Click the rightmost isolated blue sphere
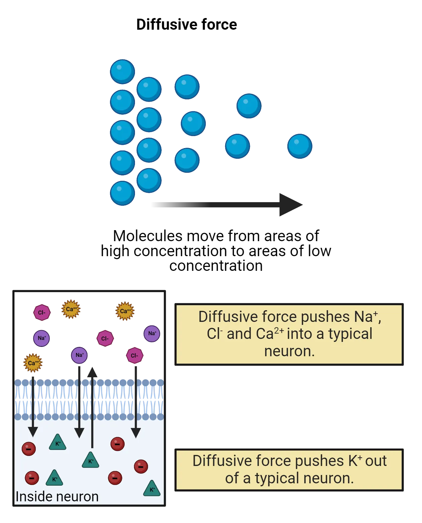[x=300, y=146]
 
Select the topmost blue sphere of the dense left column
[x=122, y=71]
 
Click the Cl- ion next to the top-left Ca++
[x=42, y=313]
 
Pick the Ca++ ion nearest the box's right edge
[x=125, y=311]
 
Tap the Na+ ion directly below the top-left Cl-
[x=41, y=338]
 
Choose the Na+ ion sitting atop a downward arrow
[x=79, y=355]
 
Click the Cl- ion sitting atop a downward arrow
[x=135, y=356]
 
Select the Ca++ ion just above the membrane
[x=33, y=363]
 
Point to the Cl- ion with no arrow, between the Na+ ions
[x=105, y=338]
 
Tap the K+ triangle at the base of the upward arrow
[x=91, y=461]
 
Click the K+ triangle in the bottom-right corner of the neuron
[x=152, y=489]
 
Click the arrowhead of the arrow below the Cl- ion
[x=136, y=433]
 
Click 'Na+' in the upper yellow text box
[x=366, y=317]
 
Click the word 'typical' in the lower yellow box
[x=277, y=478]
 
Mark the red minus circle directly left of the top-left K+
[x=29, y=449]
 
